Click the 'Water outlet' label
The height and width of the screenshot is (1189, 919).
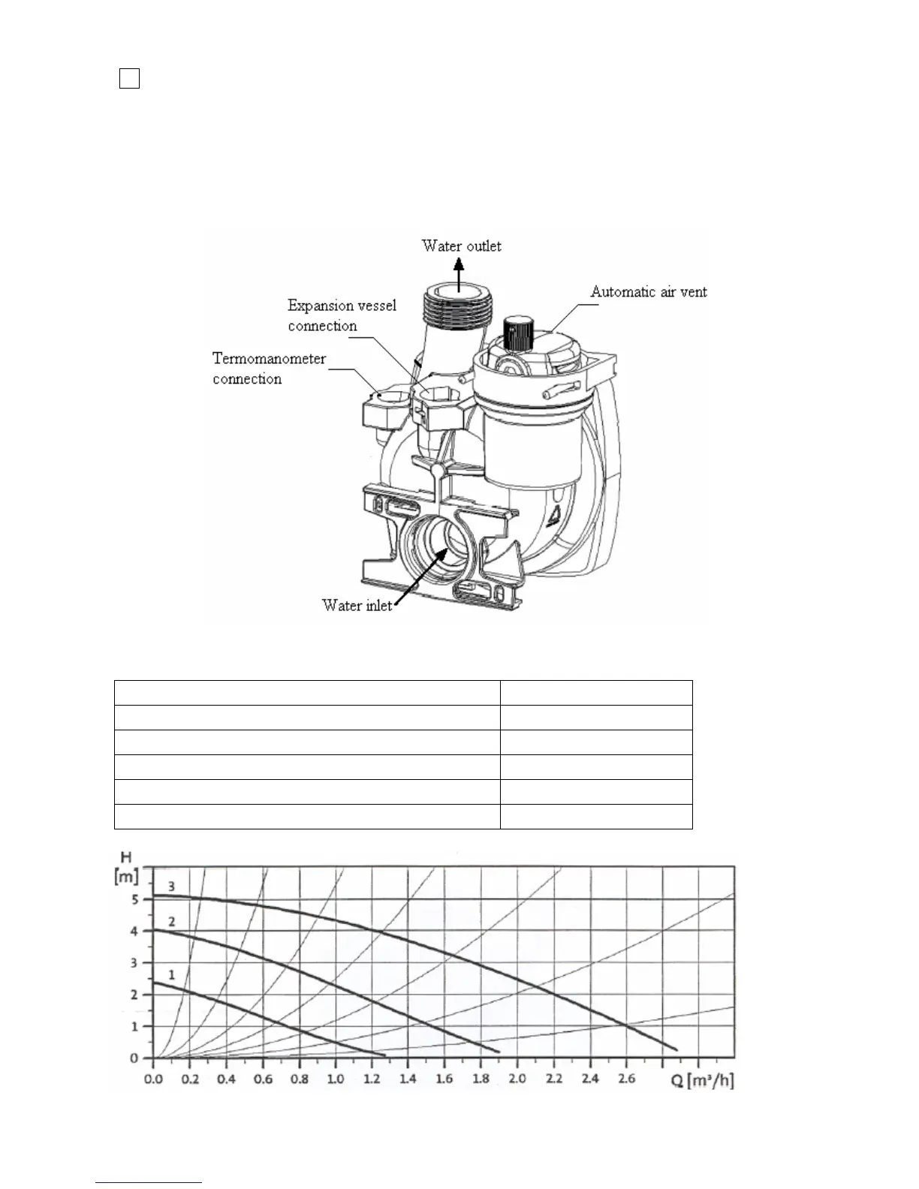pos(461,246)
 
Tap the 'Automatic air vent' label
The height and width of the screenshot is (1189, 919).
pos(648,292)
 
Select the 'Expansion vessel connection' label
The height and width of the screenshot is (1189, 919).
pos(342,315)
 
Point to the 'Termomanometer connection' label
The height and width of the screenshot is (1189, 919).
pos(269,369)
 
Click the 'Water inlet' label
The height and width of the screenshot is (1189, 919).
pos(357,605)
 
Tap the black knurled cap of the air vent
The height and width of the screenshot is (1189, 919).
pos(517,332)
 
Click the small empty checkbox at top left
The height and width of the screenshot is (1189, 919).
pos(129,78)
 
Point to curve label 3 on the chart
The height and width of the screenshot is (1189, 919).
pos(171,886)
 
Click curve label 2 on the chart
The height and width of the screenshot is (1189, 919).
pos(171,921)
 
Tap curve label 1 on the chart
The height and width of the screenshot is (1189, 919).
pos(171,975)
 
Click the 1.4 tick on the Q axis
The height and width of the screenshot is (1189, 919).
pos(408,1079)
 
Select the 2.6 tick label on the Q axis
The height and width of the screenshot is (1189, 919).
pos(626,1079)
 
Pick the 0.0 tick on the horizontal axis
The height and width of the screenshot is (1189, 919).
pos(153,1079)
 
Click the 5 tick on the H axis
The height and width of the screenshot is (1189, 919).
pos(135,899)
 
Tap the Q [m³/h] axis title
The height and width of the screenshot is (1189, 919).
pos(702,1080)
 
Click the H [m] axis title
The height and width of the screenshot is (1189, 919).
pos(126,867)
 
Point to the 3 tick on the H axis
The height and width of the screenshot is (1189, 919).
pos(135,963)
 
